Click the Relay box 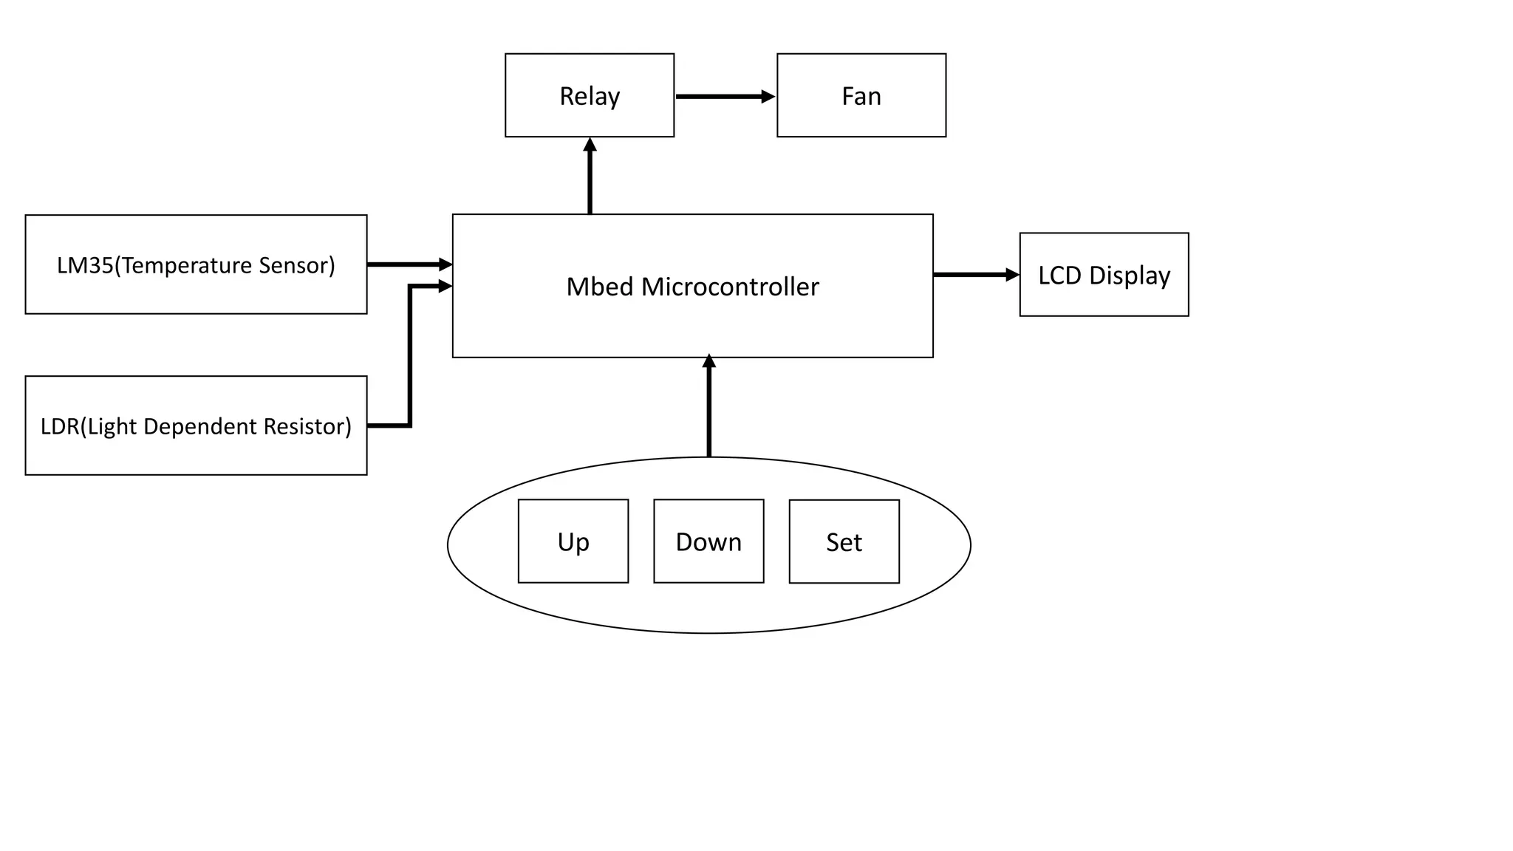590,95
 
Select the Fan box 861,95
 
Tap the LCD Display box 1104,275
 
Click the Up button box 573,541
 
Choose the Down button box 708,541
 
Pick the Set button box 844,541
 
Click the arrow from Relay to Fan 720,96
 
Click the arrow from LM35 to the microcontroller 406,264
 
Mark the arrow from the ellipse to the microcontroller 709,410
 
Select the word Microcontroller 730,287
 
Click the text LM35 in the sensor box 84,265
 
